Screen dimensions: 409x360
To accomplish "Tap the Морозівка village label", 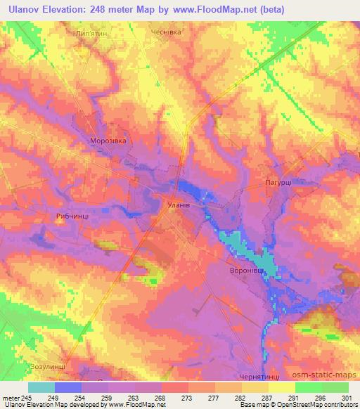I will (108, 141).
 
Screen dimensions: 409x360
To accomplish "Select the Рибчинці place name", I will (71, 217).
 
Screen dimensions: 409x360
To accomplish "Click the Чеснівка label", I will (167, 32).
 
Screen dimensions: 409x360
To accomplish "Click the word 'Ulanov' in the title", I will (25, 10).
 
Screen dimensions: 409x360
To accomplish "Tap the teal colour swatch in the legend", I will (41, 387).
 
